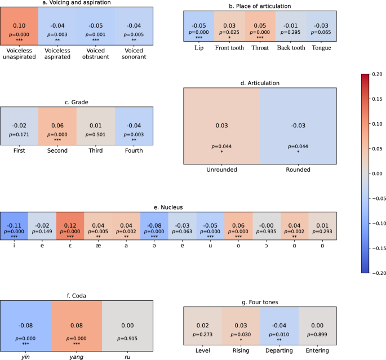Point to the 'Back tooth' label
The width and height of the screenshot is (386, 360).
coord(291,48)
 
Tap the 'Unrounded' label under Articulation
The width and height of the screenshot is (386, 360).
coord(222,168)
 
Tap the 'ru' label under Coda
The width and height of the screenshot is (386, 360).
coord(128,356)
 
